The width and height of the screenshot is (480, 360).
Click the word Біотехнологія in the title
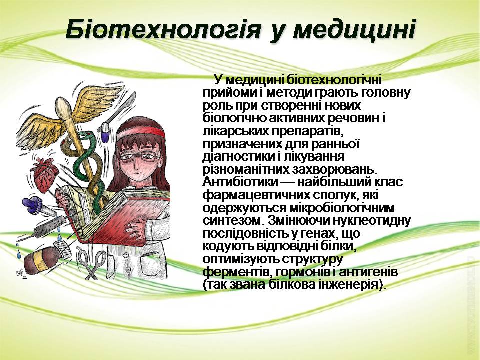pos(163,29)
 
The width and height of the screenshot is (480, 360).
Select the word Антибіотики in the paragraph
pos(240,182)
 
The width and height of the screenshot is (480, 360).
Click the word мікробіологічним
pos(340,208)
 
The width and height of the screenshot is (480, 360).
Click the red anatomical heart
pos(45,175)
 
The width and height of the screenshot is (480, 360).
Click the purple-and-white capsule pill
pos(105,132)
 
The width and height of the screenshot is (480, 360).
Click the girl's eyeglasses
pos(140,157)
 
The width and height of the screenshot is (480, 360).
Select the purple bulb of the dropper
pos(29,203)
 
